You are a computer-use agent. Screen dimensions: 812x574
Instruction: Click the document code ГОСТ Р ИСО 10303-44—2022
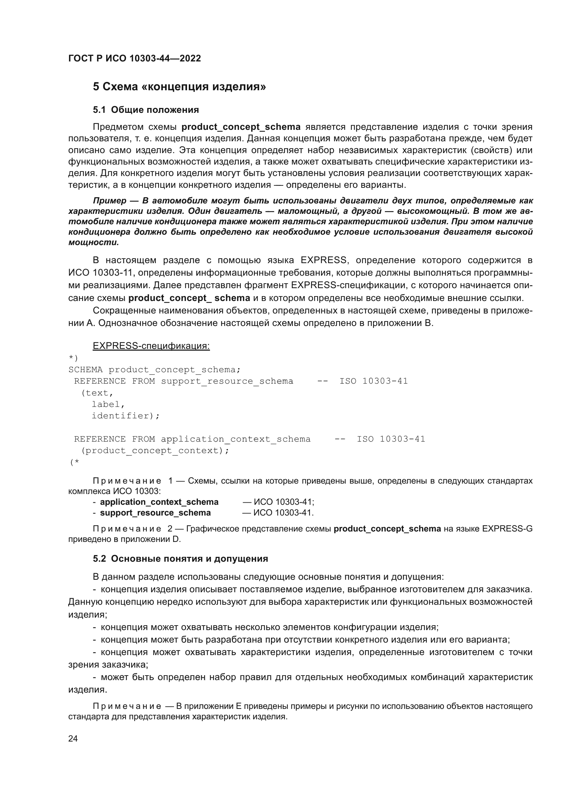(x=135, y=58)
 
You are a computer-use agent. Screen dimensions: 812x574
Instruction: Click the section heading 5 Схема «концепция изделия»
(x=179, y=87)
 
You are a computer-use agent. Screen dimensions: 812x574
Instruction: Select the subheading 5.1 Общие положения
(x=146, y=110)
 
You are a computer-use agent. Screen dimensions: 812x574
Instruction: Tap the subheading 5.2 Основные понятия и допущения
(x=180, y=559)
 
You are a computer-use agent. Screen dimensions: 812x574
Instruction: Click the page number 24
(x=73, y=738)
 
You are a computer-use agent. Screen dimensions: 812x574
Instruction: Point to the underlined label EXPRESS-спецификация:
(x=151, y=346)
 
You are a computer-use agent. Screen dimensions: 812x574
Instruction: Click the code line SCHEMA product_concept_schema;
(x=154, y=370)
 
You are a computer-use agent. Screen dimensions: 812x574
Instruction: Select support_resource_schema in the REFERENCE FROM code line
(x=227, y=381)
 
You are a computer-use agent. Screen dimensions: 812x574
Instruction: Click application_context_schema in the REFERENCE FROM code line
(x=235, y=439)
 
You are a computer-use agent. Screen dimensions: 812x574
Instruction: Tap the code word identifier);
(x=126, y=416)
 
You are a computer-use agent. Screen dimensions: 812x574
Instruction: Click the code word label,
(x=108, y=404)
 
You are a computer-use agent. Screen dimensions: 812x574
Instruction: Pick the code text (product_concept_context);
(x=155, y=451)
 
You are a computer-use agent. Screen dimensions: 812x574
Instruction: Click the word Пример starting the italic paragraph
(x=110, y=201)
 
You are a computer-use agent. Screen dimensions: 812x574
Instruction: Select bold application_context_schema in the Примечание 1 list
(x=159, y=502)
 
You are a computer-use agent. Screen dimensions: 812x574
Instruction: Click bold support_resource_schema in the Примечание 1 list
(x=155, y=513)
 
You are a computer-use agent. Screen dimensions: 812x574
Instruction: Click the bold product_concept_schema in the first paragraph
(x=241, y=127)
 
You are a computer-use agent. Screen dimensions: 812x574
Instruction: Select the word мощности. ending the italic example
(x=94, y=243)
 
